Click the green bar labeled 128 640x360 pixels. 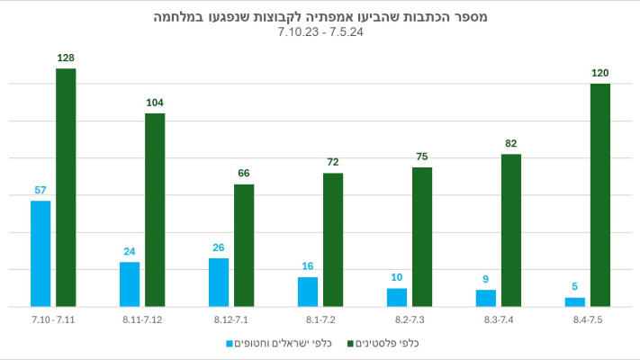66,187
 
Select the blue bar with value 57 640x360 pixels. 41,254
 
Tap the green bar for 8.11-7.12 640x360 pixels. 155,210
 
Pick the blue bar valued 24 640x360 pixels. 130,284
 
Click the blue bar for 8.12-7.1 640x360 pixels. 219,283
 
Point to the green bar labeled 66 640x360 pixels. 244,246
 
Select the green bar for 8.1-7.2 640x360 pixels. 333,239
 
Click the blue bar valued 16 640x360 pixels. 308,292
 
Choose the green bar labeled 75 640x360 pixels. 422,237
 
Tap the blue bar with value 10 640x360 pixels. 397,297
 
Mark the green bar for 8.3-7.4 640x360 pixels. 511,230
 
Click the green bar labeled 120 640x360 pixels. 600,195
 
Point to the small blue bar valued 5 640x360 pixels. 575,302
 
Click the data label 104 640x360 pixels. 155,103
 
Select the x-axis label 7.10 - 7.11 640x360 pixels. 53,320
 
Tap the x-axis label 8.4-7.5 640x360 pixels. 588,320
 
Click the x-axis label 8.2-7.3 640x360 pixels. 410,320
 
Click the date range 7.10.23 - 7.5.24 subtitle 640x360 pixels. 320,32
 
